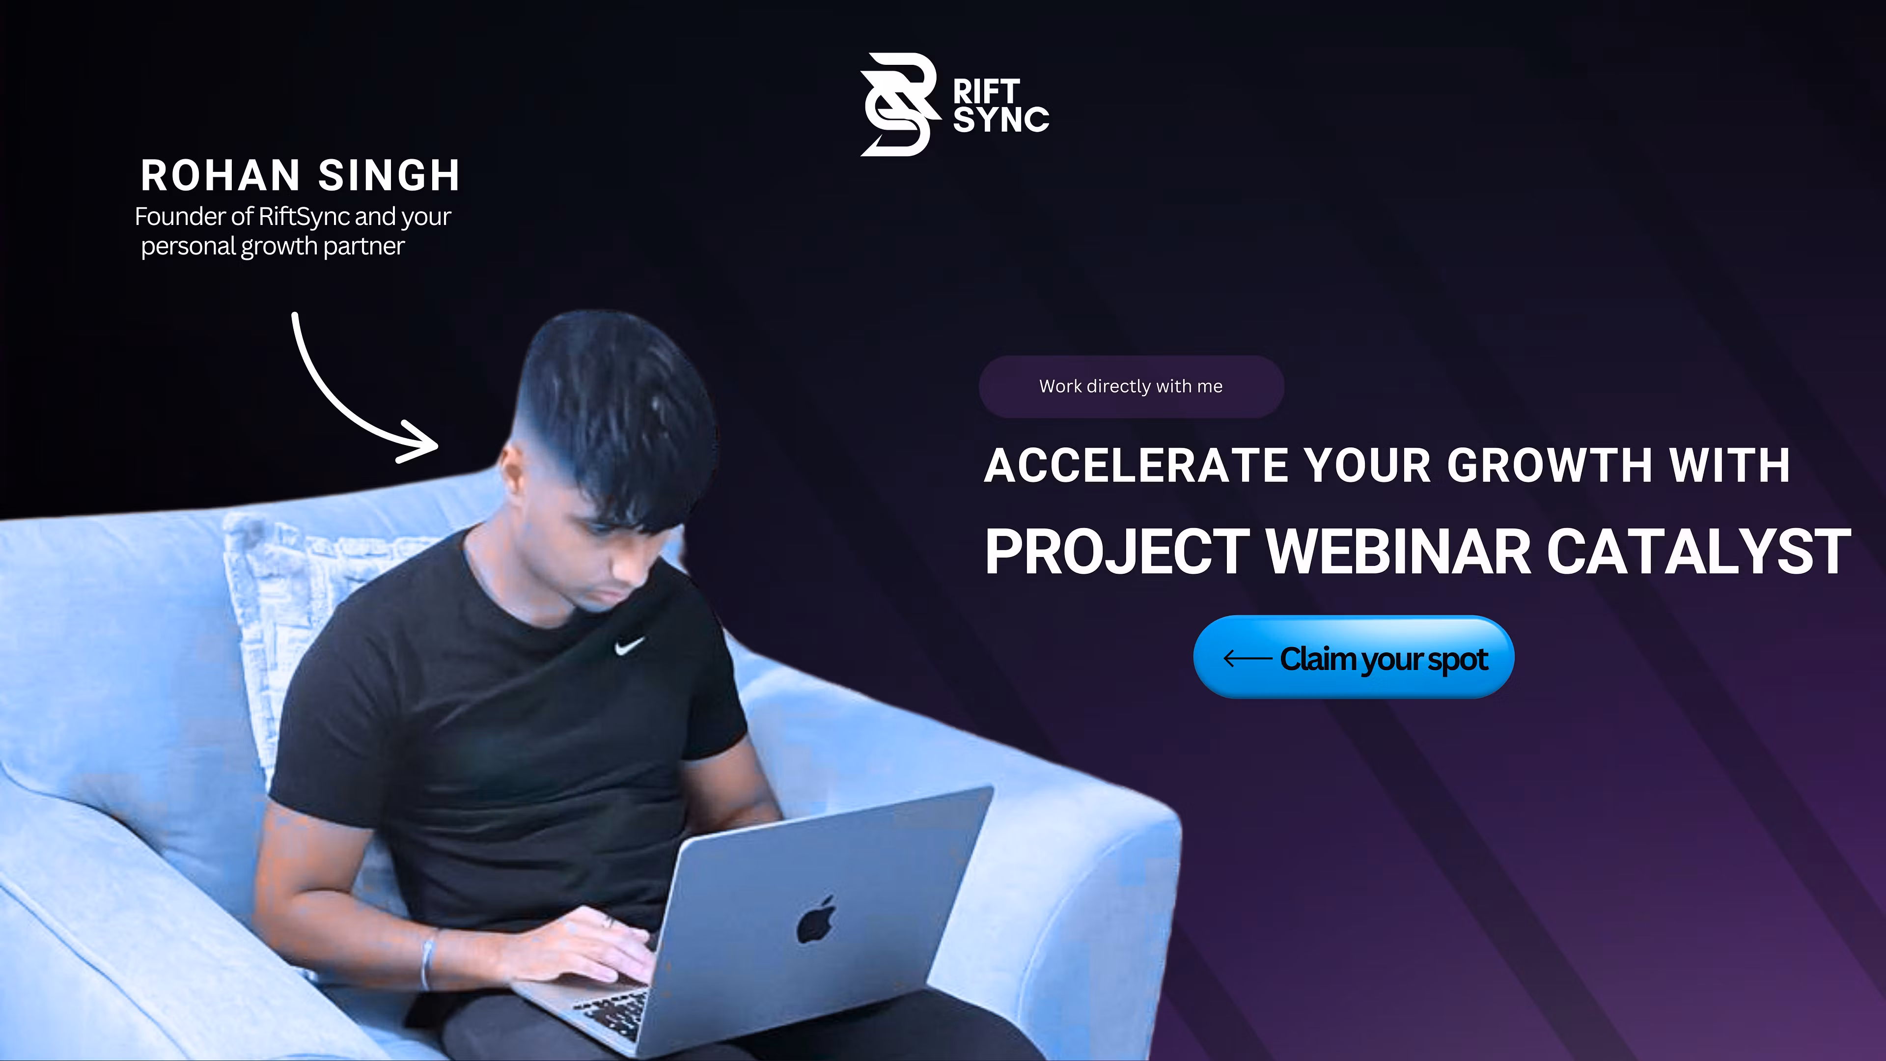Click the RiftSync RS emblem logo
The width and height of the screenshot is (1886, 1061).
898,105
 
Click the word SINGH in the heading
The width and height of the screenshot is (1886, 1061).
389,176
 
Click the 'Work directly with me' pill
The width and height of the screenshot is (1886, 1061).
1131,387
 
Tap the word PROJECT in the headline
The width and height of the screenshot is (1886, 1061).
1116,552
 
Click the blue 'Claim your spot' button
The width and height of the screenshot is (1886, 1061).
1353,658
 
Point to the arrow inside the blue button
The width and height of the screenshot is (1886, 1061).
1247,658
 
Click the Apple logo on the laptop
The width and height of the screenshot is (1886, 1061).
816,920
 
